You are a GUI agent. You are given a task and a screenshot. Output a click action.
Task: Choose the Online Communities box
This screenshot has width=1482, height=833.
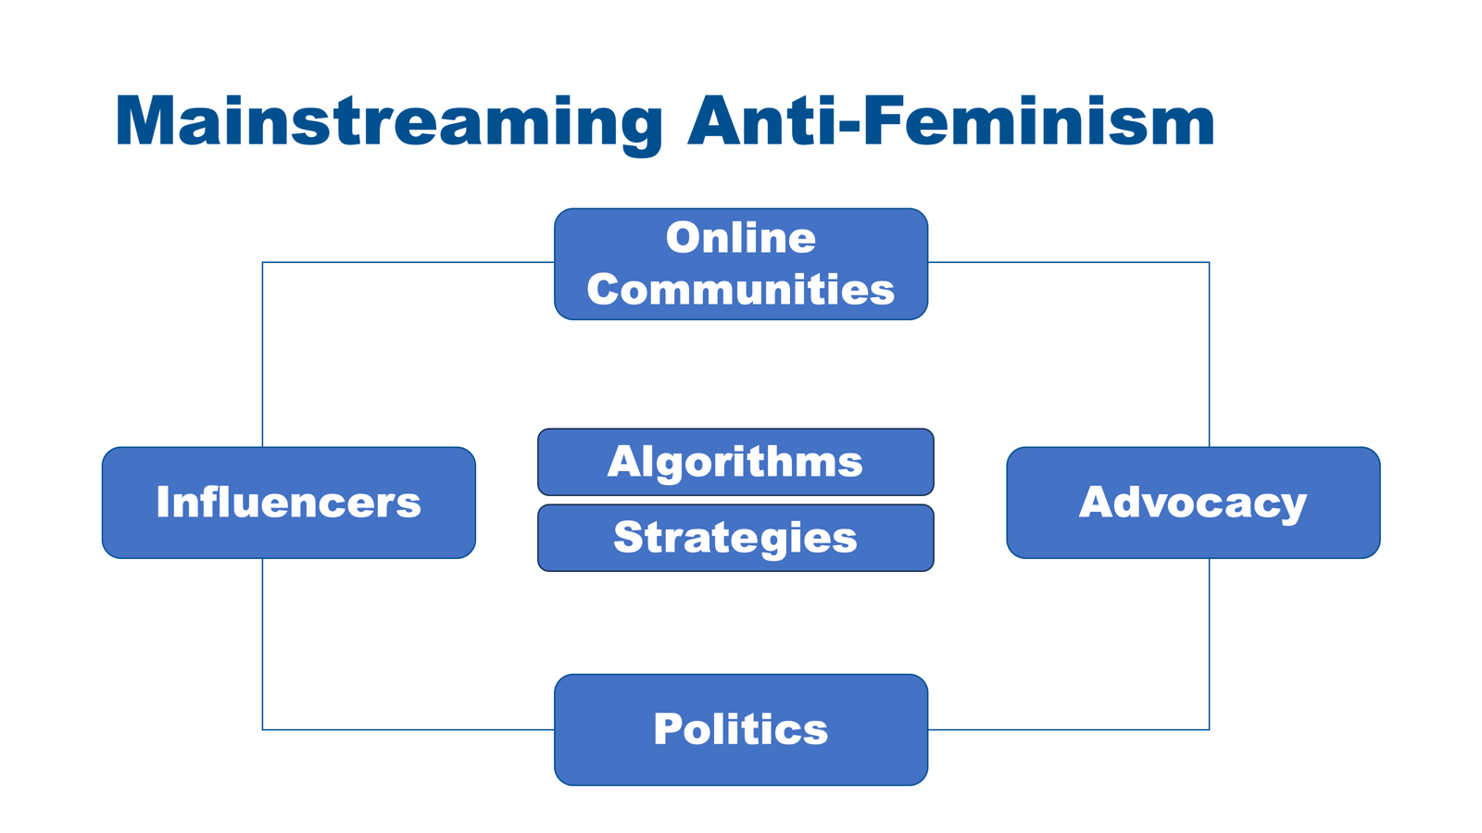(741, 265)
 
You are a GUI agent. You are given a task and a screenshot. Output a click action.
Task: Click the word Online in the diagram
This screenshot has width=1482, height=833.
(741, 238)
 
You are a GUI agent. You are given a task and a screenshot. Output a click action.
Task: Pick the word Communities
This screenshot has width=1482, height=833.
(741, 290)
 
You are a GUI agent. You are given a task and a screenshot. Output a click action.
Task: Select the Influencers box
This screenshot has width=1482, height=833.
(289, 503)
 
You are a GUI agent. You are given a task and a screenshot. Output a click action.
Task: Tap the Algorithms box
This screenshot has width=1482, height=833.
(735, 462)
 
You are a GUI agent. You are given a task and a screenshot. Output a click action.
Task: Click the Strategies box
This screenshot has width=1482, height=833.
(735, 538)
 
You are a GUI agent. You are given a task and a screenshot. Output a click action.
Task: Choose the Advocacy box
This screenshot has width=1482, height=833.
(1194, 503)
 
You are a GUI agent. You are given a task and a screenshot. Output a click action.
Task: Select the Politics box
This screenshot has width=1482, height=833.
(741, 730)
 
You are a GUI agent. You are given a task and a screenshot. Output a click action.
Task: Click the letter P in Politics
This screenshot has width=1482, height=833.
(668, 729)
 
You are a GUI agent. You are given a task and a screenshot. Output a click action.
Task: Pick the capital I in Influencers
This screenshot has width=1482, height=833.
(163, 502)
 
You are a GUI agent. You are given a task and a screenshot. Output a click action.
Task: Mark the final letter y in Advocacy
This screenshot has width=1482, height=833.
(1293, 507)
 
